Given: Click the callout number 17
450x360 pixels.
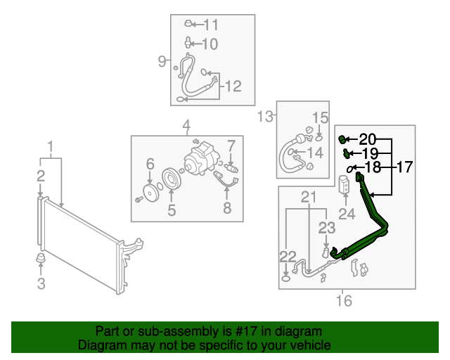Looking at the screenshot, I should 405,167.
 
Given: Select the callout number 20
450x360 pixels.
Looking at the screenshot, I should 368,139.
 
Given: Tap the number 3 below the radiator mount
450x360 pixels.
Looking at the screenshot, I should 41,284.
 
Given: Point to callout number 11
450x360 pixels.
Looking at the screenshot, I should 211,25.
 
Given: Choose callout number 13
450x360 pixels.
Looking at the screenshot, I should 264,116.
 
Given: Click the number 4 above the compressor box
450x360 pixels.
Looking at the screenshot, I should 186,127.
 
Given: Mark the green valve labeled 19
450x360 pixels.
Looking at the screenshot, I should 347,153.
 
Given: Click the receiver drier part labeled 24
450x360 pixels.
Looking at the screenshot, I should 346,185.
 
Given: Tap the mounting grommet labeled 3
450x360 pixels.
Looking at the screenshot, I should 41,263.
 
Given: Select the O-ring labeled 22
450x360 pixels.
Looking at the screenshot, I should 285,278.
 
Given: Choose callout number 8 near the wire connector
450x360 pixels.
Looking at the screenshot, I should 226,207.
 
